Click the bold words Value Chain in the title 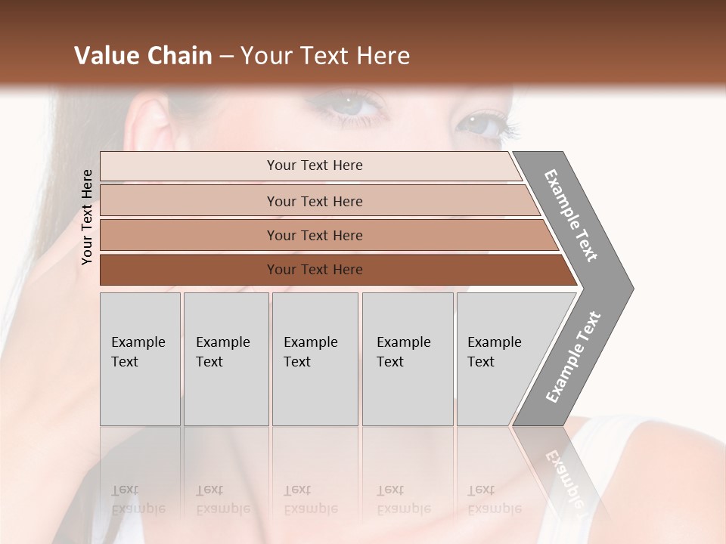click(143, 56)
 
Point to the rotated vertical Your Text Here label click(87, 217)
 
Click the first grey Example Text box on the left click(140, 358)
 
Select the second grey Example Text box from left click(225, 358)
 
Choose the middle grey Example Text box click(315, 358)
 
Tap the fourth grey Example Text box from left click(407, 358)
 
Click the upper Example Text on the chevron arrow click(572, 215)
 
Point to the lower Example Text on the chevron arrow click(572, 357)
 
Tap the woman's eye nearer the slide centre click(355, 104)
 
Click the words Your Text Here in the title click(325, 56)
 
